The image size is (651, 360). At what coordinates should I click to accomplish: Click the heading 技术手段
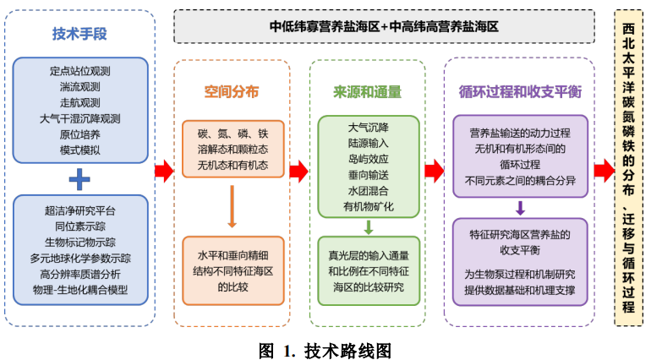(x=79, y=35)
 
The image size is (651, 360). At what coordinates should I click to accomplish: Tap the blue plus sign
(x=79, y=178)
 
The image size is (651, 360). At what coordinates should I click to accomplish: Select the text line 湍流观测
(x=79, y=86)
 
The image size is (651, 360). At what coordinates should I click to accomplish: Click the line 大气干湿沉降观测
(x=79, y=118)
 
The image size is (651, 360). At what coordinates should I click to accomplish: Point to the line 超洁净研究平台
(x=79, y=210)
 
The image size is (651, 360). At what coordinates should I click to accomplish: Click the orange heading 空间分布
(x=232, y=92)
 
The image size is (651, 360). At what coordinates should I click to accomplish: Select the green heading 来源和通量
(x=367, y=92)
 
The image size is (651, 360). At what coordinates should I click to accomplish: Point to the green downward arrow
(x=368, y=226)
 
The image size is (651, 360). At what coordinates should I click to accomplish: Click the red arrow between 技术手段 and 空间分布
(x=164, y=172)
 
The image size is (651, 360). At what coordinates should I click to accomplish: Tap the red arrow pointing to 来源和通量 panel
(x=298, y=172)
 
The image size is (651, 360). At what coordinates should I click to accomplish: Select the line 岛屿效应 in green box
(x=368, y=159)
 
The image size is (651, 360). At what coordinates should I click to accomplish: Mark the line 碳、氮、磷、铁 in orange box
(x=232, y=134)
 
